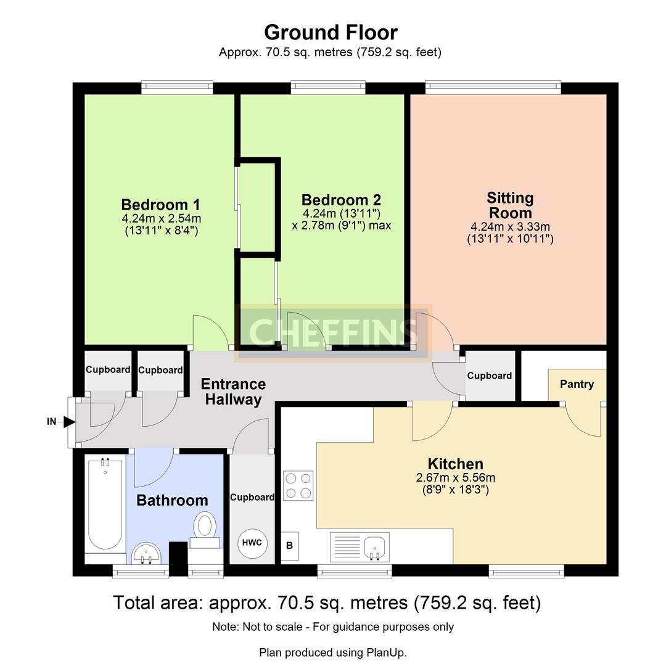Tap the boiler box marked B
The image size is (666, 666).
point(290,546)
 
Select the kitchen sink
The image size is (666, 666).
point(360,547)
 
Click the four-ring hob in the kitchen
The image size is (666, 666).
point(298,485)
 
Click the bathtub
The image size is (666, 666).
point(104,506)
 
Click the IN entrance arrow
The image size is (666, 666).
point(68,422)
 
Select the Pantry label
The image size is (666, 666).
point(577,384)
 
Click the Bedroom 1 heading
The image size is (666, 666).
point(160,205)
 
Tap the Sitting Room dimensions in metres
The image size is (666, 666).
point(510,227)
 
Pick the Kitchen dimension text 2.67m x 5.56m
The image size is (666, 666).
point(456,477)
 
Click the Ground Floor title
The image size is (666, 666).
point(331,32)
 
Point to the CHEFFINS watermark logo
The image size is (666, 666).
point(333,332)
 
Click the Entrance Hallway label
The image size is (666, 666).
point(234,392)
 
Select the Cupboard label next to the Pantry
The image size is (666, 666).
point(489,376)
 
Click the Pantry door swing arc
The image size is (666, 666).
point(583,422)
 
